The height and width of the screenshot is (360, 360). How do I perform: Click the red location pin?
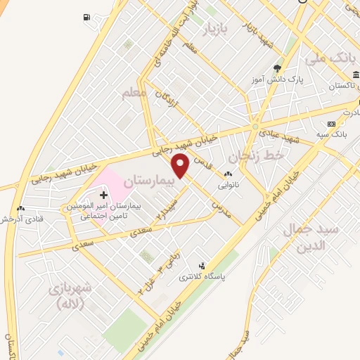click(181, 166)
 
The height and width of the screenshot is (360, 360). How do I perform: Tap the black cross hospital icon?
click(103, 193)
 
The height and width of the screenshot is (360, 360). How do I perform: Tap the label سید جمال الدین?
click(309, 238)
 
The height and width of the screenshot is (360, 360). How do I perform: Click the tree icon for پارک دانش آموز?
click(277, 68)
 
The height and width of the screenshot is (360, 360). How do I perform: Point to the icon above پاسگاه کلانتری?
click(203, 266)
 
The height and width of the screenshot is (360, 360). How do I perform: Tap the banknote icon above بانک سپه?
click(331, 124)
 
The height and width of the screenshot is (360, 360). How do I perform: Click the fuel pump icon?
click(86, 16)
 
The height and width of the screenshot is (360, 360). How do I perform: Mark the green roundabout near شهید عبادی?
click(254, 127)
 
